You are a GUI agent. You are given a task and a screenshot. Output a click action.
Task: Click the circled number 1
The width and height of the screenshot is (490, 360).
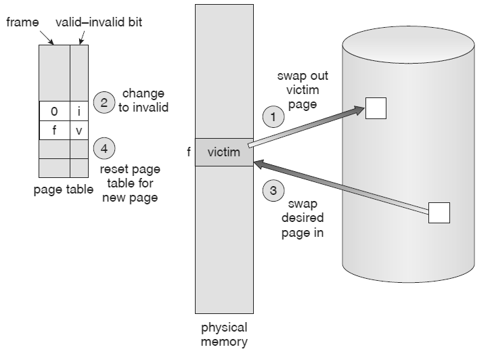coord(273,117)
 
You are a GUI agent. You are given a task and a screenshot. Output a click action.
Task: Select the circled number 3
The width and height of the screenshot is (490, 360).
coord(273,191)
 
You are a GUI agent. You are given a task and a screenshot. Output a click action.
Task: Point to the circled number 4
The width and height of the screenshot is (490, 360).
coord(104,147)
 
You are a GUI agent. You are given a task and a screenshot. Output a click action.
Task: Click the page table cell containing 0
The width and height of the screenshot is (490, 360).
coord(54,110)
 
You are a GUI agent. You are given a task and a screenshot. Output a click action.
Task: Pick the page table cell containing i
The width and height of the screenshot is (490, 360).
coord(79,110)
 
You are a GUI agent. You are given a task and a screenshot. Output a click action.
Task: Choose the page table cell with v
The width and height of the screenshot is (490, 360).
coord(79,129)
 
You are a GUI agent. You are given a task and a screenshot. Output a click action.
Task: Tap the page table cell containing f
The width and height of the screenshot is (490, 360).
coord(54,129)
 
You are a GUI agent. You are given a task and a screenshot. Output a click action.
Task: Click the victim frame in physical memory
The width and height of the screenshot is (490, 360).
coord(223,152)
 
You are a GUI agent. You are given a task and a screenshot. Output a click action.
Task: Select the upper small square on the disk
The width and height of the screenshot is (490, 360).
coord(376,107)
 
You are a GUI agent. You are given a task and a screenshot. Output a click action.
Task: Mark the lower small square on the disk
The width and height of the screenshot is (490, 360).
coord(439,212)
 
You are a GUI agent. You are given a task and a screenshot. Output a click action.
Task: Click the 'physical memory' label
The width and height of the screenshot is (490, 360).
coord(224,335)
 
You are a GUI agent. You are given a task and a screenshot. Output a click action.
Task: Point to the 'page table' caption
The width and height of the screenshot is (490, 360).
coord(63,190)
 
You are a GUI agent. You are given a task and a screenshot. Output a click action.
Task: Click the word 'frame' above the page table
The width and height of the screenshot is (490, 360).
coord(22,22)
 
